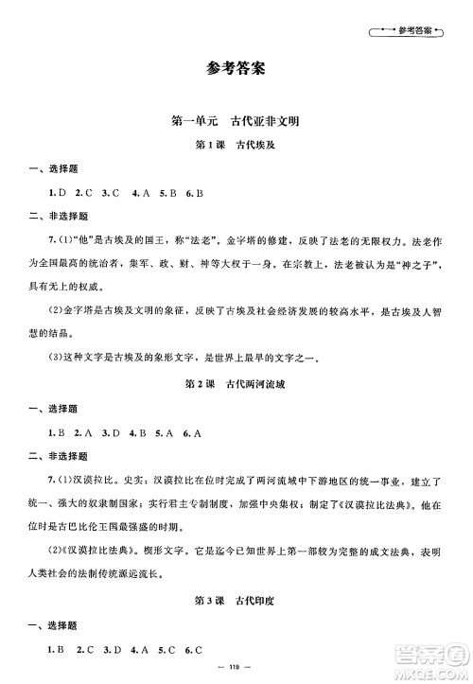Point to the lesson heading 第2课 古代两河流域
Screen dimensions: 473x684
(236, 387)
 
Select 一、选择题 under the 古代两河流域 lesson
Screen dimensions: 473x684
(43, 411)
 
